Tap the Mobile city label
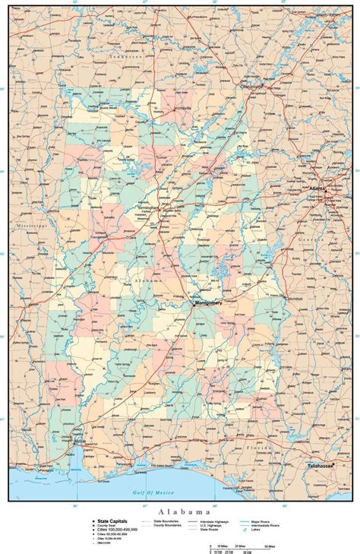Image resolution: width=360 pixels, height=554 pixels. click(80, 440)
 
